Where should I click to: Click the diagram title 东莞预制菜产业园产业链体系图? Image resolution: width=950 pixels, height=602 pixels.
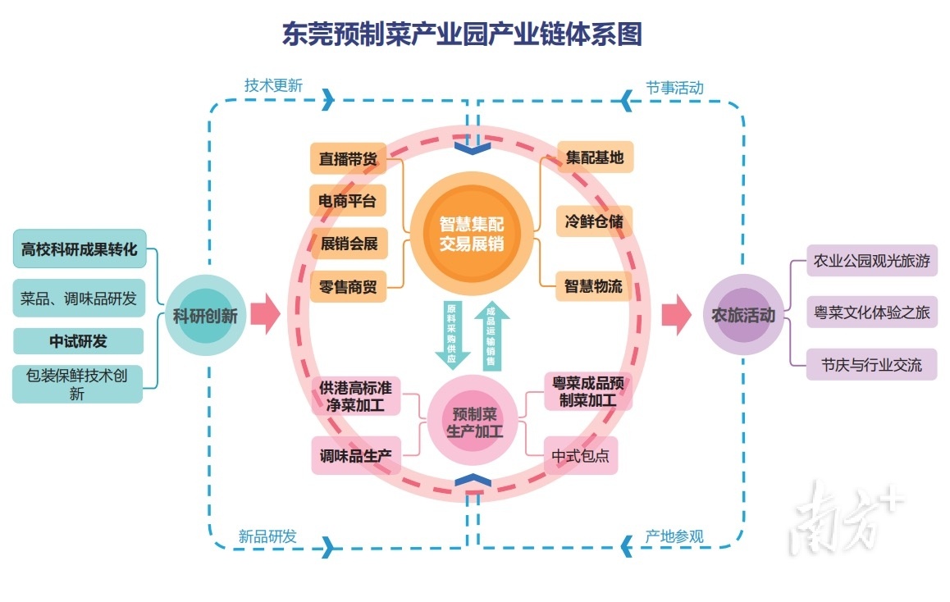462,34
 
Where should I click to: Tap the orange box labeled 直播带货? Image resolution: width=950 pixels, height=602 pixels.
348,159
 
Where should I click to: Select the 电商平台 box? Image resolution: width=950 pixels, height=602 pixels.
348,201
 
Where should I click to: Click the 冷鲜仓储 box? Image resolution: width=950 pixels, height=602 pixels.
594,221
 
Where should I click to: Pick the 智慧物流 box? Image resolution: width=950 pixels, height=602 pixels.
593,286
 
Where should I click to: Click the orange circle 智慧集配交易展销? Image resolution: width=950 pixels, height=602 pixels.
471,235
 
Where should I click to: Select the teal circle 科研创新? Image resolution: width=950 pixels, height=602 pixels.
205,316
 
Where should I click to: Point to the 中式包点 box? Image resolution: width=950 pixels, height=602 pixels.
580,456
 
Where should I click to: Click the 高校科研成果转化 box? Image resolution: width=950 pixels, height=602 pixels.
80,249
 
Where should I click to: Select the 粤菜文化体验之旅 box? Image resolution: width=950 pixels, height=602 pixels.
871,312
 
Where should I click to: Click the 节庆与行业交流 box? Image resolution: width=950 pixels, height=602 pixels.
871,364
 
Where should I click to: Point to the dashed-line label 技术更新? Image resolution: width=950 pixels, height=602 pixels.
273,85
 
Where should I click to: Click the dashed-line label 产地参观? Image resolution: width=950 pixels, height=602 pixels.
674,537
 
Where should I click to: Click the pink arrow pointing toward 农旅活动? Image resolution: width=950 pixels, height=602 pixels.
676,315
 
